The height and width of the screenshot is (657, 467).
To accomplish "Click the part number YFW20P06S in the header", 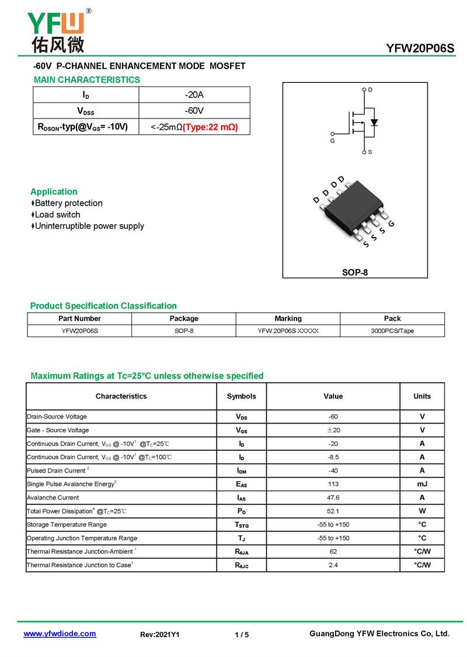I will pyautogui.click(x=420, y=48).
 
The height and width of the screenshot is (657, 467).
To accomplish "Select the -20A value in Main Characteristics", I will pyautogui.click(x=194, y=95).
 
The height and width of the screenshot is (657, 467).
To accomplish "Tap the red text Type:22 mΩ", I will pyautogui.click(x=210, y=127).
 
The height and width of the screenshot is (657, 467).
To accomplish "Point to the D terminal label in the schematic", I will pyautogui.click(x=370, y=89).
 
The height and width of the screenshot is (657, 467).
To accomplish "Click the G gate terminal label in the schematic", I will pyautogui.click(x=332, y=141).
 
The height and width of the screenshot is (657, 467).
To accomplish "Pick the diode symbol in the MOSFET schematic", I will pyautogui.click(x=374, y=123).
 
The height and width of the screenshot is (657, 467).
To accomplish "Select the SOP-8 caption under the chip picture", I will pyautogui.click(x=355, y=272).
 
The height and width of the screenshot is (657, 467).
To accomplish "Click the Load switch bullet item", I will pyautogui.click(x=57, y=215).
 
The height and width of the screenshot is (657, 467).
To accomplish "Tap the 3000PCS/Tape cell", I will pyautogui.click(x=392, y=331).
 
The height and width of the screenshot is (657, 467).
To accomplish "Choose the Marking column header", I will pyautogui.click(x=288, y=319).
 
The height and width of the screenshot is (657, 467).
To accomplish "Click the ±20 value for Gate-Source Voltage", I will pyautogui.click(x=333, y=430).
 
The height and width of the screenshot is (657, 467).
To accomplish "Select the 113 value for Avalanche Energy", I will pyautogui.click(x=333, y=484).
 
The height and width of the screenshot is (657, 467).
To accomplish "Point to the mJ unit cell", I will pyautogui.click(x=422, y=484).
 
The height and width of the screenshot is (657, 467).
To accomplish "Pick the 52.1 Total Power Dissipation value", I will pyautogui.click(x=333, y=511).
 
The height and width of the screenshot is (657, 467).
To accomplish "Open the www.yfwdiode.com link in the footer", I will pyautogui.click(x=60, y=634).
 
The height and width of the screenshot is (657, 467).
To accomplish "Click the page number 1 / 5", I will pyautogui.click(x=242, y=635).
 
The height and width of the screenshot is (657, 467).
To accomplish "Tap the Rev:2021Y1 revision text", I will pyautogui.click(x=160, y=635).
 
